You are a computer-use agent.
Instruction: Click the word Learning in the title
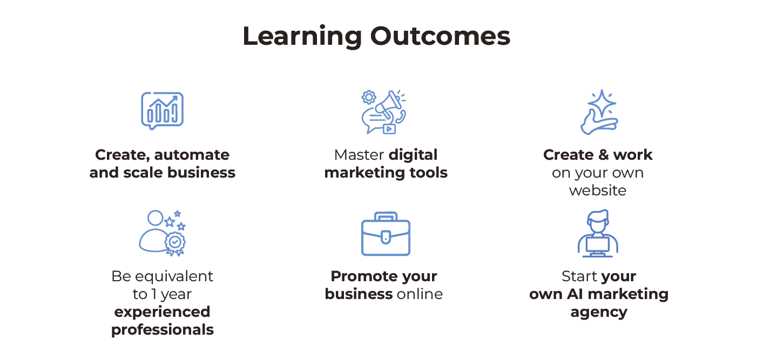point(302,37)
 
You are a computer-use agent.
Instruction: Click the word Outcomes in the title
point(440,37)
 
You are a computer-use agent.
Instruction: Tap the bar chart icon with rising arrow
point(162,111)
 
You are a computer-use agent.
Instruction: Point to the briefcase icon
point(386,234)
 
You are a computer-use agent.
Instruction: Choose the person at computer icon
point(598,233)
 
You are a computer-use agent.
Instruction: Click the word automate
point(192,155)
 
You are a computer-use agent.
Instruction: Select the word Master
point(359,155)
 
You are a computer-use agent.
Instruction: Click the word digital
point(413,155)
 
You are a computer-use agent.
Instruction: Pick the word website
point(598,191)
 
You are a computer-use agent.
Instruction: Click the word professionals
point(163,330)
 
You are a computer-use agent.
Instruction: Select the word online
point(420,294)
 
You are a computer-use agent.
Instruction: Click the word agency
point(599,313)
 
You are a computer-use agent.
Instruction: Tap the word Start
point(579,276)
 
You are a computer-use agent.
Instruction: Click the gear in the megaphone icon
point(369,97)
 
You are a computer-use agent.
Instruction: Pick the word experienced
point(163,312)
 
